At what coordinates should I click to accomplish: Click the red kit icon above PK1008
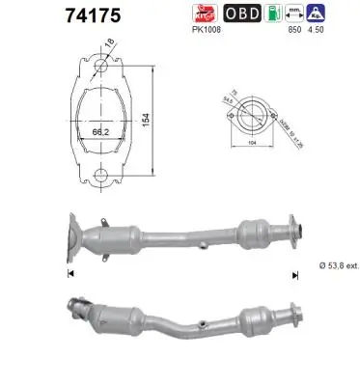point(203,14)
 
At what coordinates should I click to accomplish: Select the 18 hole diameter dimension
point(109,43)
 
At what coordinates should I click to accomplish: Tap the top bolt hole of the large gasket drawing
point(98,67)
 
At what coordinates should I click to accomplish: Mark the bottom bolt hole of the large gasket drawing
point(98,175)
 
